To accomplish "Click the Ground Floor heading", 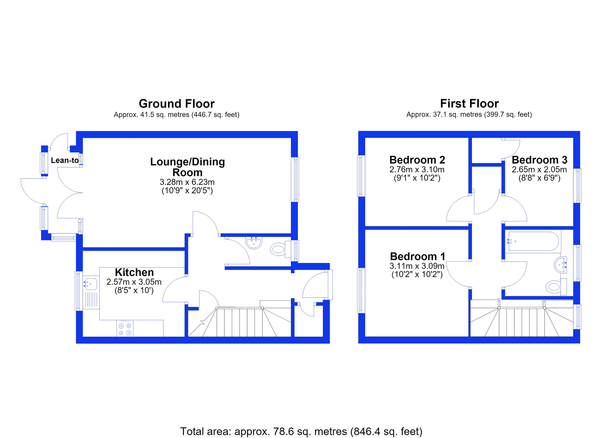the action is (x=177, y=104).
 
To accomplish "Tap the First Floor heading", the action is (x=469, y=104).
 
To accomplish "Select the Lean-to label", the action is (x=65, y=160).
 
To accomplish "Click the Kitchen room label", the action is (x=134, y=272).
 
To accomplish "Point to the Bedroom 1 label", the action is (x=417, y=256).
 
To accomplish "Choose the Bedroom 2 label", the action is (x=417, y=160).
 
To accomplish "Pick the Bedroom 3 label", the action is (x=539, y=160).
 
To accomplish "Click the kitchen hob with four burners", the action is (x=125, y=328).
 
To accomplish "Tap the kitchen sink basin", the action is (x=90, y=284).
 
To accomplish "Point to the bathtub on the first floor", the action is (x=533, y=241).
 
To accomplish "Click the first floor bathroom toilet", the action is (x=556, y=287).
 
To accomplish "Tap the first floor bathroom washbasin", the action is (x=561, y=265).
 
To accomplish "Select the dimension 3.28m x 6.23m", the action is (x=187, y=182).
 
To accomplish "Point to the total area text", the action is (x=301, y=431).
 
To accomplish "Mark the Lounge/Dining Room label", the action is (x=187, y=167).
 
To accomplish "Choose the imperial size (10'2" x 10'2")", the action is (x=417, y=274).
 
